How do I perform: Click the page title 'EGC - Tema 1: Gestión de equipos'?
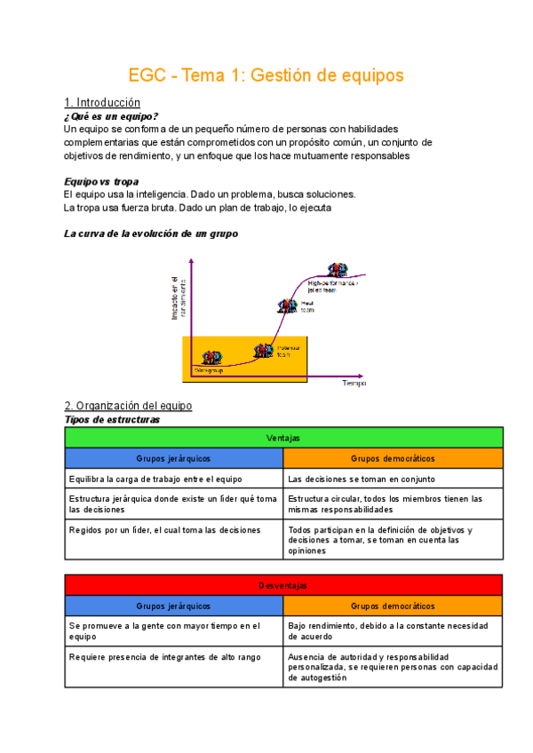[x=266, y=75]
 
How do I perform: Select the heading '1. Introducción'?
[x=102, y=103]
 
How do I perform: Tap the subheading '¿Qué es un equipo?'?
[x=112, y=116]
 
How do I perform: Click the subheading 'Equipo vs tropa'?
[x=102, y=180]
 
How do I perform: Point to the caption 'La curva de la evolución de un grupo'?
[x=150, y=234]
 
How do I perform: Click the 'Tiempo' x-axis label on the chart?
[x=354, y=384]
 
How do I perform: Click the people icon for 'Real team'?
[x=287, y=306]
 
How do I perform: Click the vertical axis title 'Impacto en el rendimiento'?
[x=179, y=297]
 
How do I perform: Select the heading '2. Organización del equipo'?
[x=128, y=406]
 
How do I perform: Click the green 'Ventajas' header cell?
[x=283, y=438]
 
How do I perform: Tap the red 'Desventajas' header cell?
[x=283, y=585]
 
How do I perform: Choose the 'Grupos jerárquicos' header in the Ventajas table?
[x=173, y=458]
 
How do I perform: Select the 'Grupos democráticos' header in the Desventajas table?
[x=393, y=606]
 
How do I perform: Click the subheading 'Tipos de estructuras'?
[x=112, y=419]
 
